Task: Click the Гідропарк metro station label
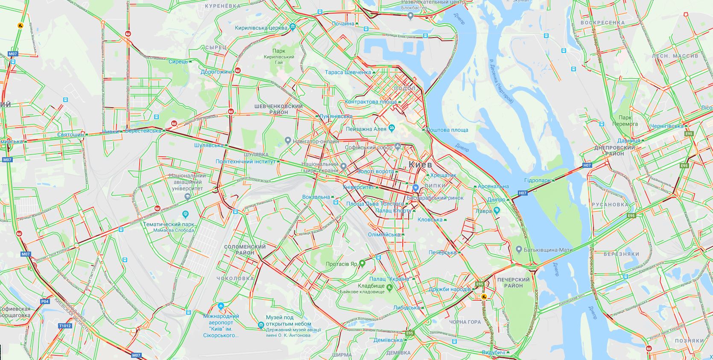(538, 181)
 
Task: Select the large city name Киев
(420, 164)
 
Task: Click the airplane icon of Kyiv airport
(221, 306)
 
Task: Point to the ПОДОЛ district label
(405, 88)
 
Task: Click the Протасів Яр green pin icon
(362, 263)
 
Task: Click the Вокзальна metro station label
(316, 197)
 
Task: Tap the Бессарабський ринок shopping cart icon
(415, 187)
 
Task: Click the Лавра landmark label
(484, 211)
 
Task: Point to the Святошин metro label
(71, 135)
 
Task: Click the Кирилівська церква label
(261, 27)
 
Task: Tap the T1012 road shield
(65, 325)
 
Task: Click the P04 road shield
(45, 301)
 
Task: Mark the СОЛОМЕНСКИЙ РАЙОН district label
(245, 249)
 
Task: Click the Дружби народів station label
(450, 289)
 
